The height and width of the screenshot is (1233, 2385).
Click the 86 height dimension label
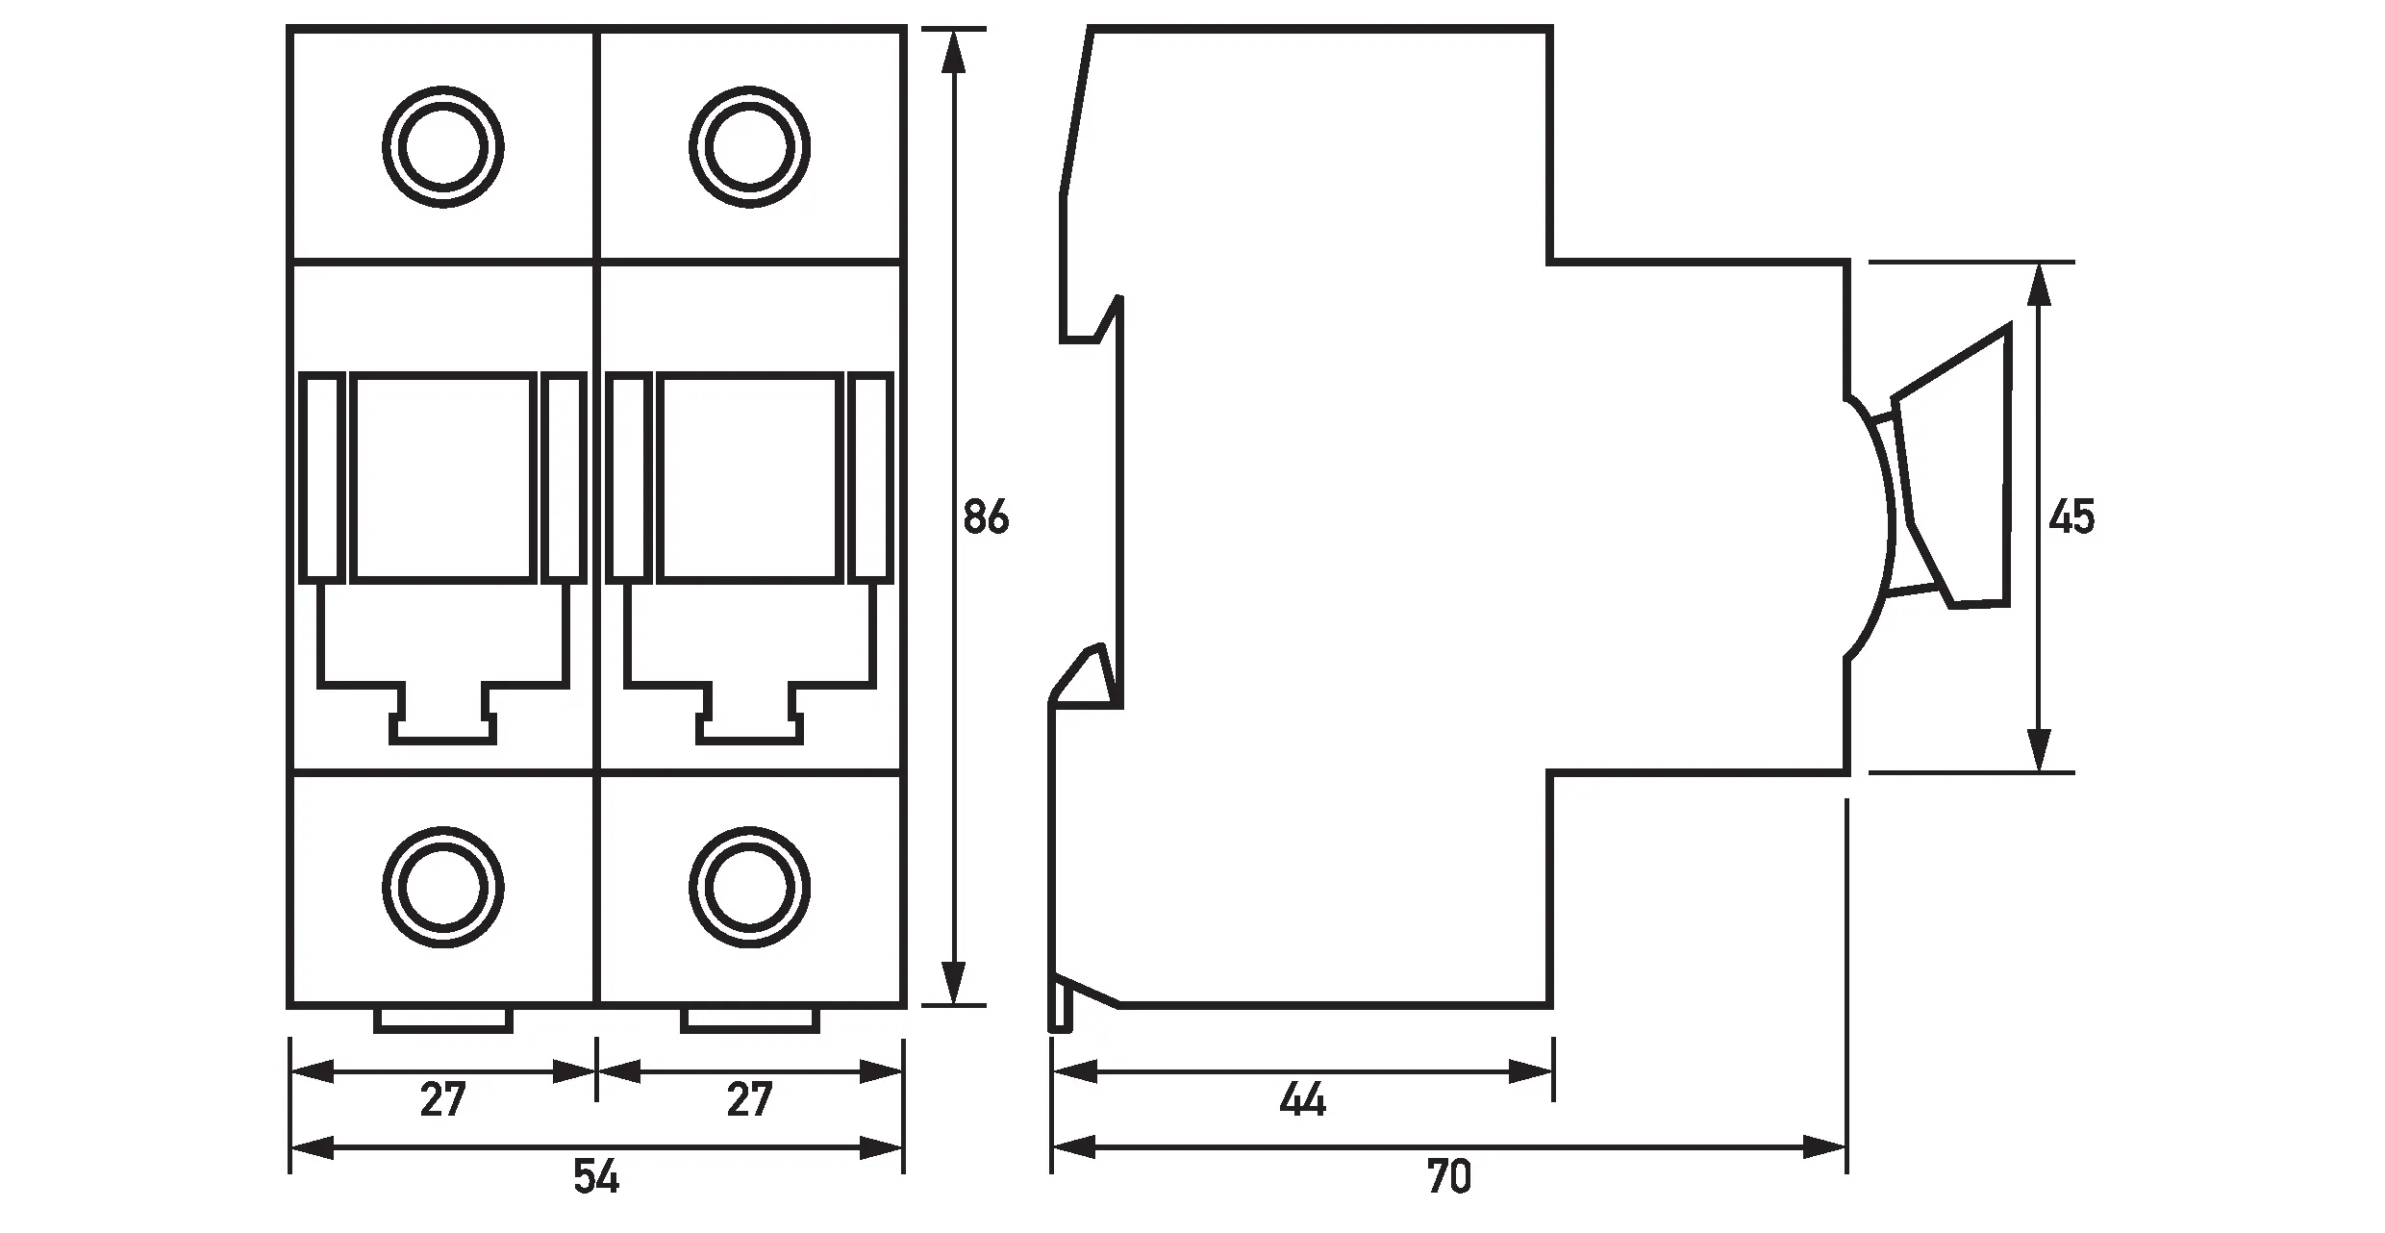986,518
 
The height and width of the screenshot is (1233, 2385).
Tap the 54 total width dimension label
596,1177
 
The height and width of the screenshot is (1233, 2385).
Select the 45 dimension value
2071,518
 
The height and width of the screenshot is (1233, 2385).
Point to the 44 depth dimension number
1302,1100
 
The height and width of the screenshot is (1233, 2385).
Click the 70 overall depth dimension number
1449,1177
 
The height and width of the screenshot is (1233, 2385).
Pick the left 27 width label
442,1100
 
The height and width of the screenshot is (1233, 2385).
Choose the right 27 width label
749,1100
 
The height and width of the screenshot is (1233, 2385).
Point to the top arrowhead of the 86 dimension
953,53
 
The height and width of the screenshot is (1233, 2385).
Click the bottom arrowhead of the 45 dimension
2038,750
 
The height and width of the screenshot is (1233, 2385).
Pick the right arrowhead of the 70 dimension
1824,1147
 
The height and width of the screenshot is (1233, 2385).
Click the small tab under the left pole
443,1019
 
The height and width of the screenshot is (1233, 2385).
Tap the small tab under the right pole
750,1019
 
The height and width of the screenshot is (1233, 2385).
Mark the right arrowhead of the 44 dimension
1531,1070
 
